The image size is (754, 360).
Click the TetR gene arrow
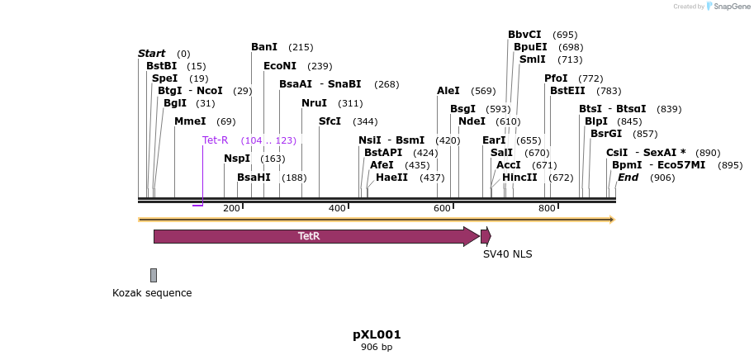click(314, 236)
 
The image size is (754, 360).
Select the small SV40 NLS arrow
click(486, 235)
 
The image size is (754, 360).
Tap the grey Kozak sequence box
click(154, 275)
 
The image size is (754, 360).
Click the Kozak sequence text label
click(152, 293)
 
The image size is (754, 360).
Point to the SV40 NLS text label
click(507, 254)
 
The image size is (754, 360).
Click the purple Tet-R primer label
click(215, 140)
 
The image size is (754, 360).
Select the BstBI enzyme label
click(161, 66)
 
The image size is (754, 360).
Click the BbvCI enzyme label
click(524, 35)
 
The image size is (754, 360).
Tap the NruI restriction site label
click(314, 103)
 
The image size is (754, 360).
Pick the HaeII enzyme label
click(391, 178)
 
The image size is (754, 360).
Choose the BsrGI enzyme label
click(606, 134)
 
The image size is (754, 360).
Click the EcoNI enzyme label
click(280, 66)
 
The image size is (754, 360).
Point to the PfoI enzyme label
click(556, 78)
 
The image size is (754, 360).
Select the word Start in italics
click(151, 54)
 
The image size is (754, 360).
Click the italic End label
click(628, 178)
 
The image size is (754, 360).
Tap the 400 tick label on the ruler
click(337, 208)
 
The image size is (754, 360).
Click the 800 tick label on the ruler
click(547, 208)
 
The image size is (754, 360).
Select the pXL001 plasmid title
click(377, 334)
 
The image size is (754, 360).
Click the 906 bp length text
click(377, 348)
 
